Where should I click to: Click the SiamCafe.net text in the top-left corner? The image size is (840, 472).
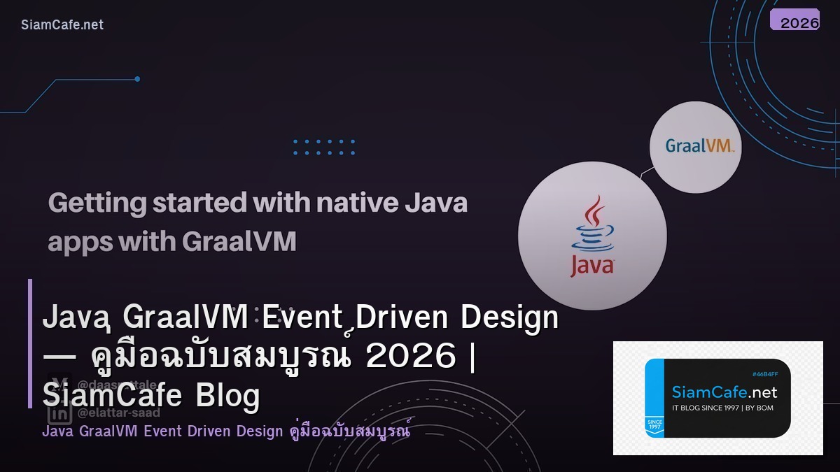point(62,24)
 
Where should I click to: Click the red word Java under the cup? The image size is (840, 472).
point(591,266)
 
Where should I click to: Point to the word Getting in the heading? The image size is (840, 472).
point(98,203)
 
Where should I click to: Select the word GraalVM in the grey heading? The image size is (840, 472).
point(239,242)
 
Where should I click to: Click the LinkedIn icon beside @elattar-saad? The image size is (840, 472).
point(59,413)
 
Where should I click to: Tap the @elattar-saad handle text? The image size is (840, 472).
point(119,413)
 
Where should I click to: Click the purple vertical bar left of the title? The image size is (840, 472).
point(30,343)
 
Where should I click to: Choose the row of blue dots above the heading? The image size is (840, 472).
point(324,147)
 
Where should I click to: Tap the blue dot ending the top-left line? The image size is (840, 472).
point(137,79)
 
